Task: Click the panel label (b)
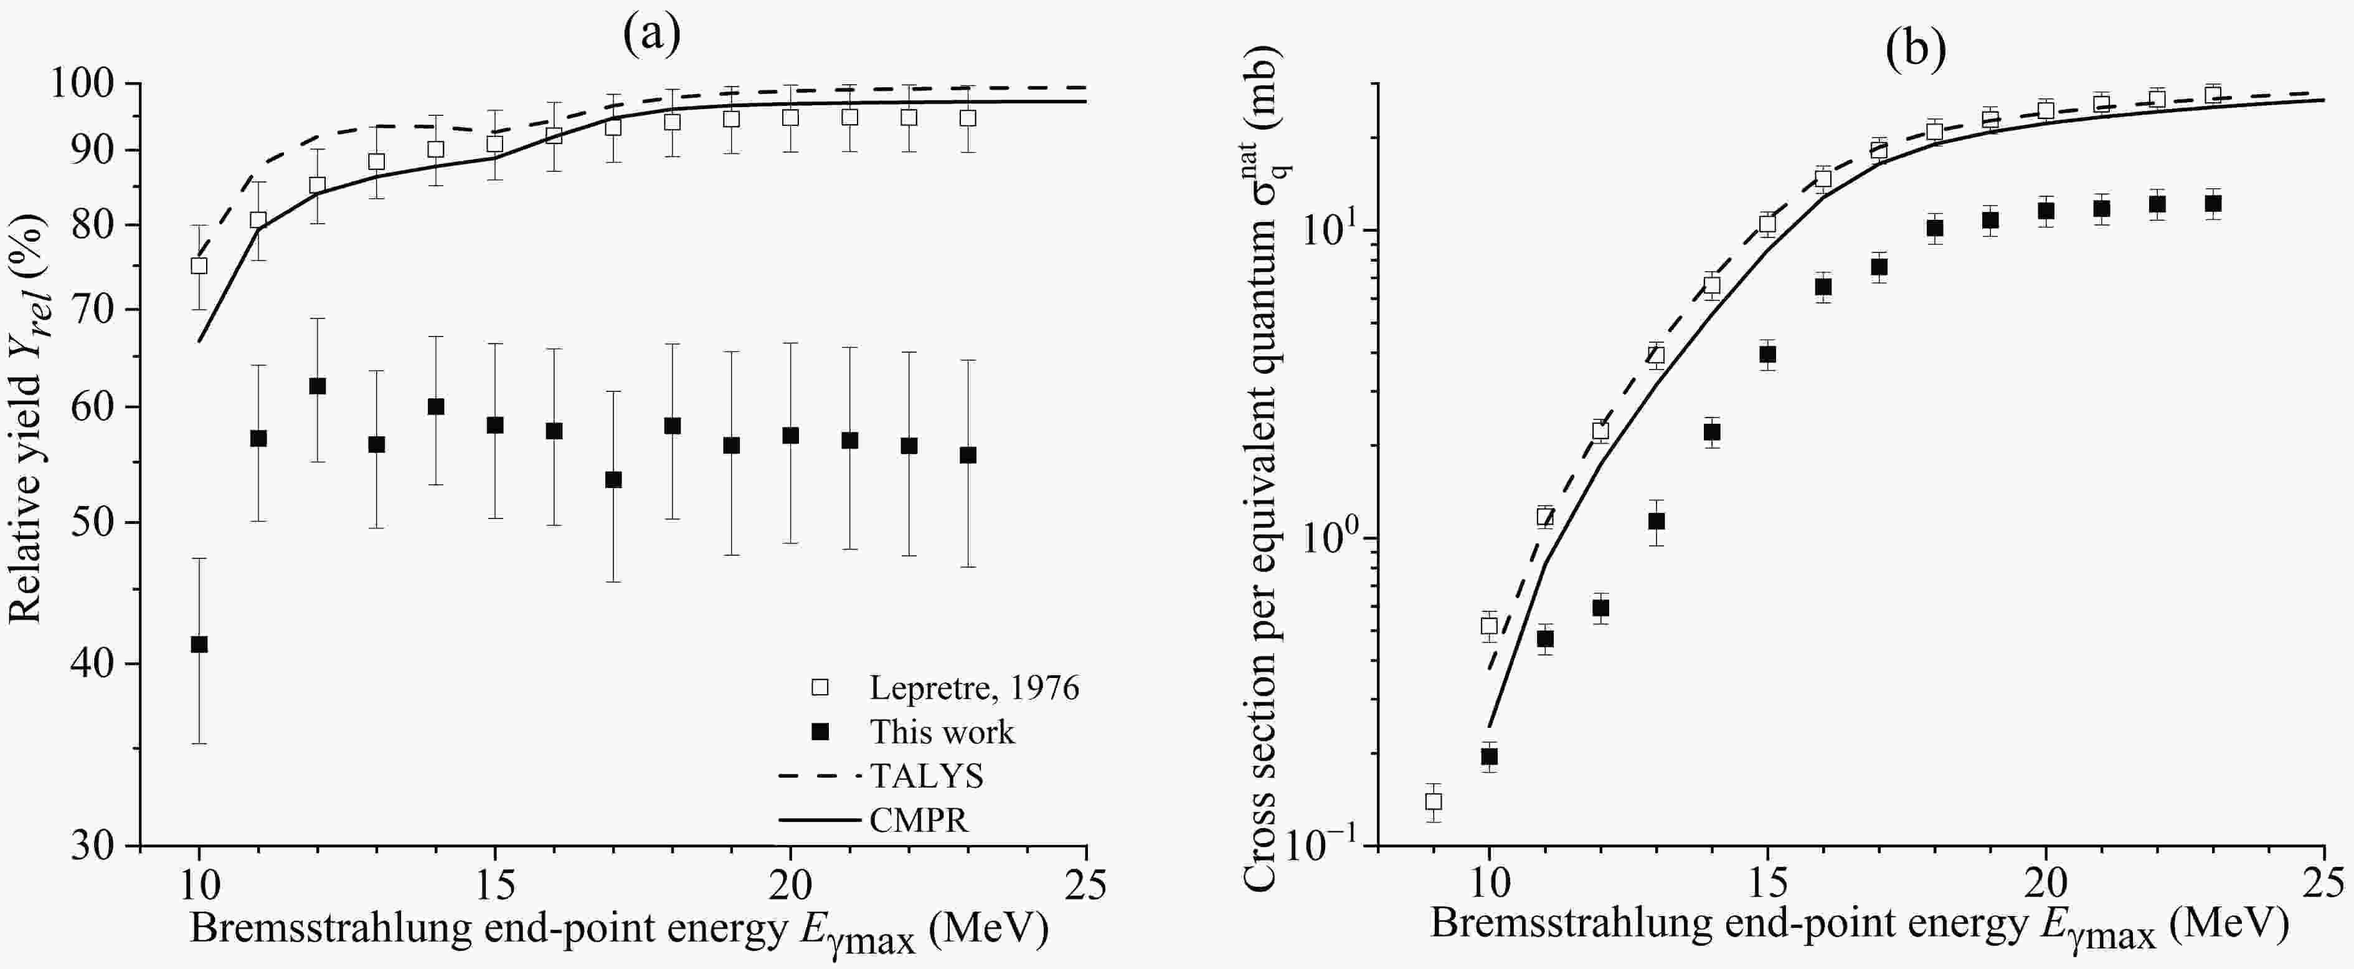(x=1916, y=50)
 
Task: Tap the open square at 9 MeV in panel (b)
(x=1434, y=802)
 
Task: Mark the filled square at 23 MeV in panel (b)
(x=2213, y=204)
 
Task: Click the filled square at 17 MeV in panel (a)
(x=613, y=480)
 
